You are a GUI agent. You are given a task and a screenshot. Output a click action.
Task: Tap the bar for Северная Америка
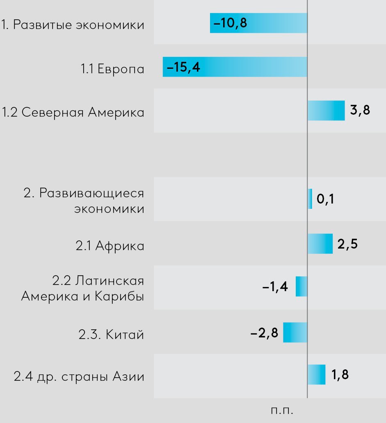[326, 111]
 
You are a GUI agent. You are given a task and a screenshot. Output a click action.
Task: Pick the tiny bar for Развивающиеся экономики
[310, 199]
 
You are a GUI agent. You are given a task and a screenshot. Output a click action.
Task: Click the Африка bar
[320, 244]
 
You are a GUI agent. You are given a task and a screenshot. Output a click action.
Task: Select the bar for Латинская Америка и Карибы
[301, 286]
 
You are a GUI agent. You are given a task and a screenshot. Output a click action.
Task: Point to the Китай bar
[295, 332]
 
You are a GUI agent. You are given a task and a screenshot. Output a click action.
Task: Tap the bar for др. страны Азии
[316, 375]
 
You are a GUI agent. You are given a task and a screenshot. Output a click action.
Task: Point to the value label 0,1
[326, 199]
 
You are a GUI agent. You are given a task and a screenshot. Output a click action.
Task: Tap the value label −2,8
[265, 333]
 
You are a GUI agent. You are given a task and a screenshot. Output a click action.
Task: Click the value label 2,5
[347, 244]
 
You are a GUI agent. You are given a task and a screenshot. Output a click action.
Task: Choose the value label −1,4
[275, 287]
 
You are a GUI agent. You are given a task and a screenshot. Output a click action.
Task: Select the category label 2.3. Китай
[111, 335]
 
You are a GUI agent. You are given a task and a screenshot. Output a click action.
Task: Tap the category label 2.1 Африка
[110, 246]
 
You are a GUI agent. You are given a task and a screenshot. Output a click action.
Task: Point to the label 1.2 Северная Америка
[73, 113]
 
